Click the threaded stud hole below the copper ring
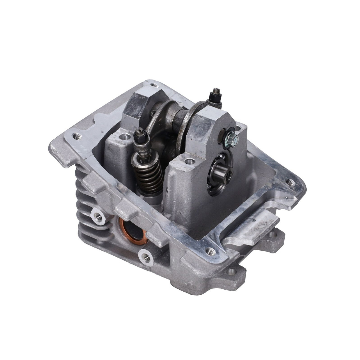click(146, 256)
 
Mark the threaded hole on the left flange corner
click(77, 136)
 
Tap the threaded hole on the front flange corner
click(209, 251)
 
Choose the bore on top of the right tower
click(190, 162)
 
